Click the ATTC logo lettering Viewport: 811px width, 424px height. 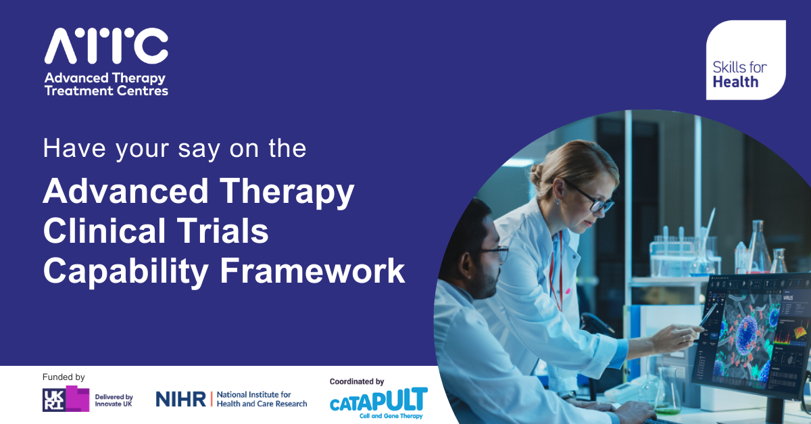tap(106, 46)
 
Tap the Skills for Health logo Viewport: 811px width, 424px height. tap(745, 60)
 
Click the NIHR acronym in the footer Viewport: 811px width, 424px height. tap(180, 399)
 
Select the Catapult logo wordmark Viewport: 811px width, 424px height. tap(378, 400)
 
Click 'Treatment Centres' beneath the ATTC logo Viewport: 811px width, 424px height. tap(106, 91)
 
